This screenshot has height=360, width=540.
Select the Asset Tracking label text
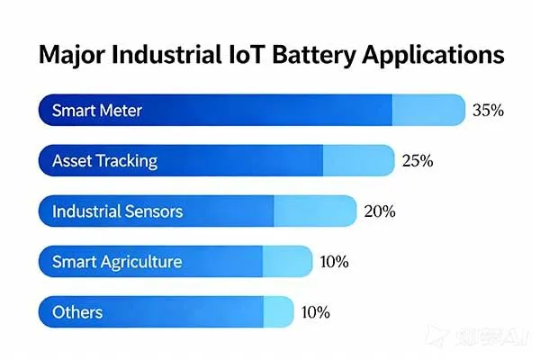tap(104, 161)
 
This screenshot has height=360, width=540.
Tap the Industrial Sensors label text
tap(117, 211)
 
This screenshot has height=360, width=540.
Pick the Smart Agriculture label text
tap(117, 262)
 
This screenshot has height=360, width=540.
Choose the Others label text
tap(77, 312)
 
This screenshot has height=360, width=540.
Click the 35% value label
tap(487, 111)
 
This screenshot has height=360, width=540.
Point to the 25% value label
tap(418, 161)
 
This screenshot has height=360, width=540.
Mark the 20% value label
tap(379, 211)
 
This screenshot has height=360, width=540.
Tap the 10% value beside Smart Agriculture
tap(334, 262)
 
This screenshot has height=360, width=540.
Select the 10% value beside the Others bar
tap(315, 312)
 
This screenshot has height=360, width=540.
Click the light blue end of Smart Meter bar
tap(427, 111)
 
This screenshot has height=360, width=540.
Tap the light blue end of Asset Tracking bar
tap(358, 161)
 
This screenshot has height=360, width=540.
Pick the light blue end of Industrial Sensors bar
tap(314, 211)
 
